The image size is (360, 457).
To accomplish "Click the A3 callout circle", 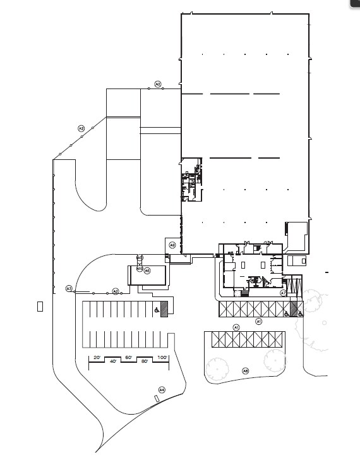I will point(69,288).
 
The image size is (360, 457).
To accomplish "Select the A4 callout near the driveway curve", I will point(162,389).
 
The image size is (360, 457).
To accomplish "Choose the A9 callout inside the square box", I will point(172,245).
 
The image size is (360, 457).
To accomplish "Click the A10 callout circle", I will point(140,269).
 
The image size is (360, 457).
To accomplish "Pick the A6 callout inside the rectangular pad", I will point(147,271).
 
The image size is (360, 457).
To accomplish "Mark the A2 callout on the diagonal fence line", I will point(81,128).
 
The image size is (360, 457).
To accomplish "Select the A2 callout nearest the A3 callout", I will point(115,291).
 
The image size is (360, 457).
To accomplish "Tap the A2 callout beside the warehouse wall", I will point(158,84).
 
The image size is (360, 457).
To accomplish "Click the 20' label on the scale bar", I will point(97,358).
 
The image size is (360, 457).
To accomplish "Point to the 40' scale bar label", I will point(113,362).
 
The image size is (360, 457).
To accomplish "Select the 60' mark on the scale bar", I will point(128,358).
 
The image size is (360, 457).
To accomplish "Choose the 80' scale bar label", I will point(145,362).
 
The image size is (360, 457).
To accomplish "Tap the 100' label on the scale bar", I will point(162,358).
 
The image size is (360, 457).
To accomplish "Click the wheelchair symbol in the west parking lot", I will point(156,310).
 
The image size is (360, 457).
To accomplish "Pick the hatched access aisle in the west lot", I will point(164,308).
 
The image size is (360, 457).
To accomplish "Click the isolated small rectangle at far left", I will point(40,307).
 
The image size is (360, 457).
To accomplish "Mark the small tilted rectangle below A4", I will point(156,398).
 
